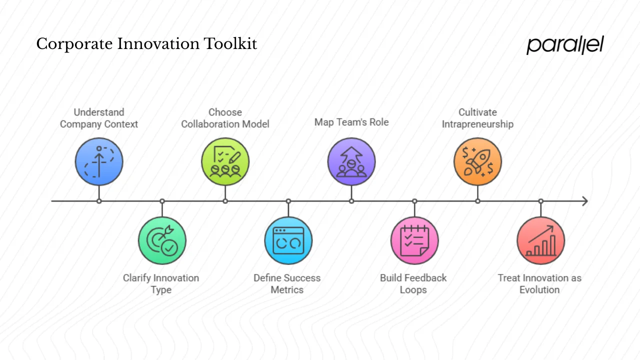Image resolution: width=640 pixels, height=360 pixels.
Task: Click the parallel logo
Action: tap(565, 44)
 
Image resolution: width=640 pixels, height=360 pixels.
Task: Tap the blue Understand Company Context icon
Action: tap(99, 161)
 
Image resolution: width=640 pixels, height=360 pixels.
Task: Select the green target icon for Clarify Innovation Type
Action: tap(162, 240)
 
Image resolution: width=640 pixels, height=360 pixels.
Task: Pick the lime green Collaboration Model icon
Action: tap(225, 161)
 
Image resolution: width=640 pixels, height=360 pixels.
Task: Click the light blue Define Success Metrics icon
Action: tap(288, 240)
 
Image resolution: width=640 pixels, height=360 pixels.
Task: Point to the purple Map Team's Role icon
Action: tap(351, 161)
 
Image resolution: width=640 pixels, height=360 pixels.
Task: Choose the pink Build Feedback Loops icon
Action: tap(414, 240)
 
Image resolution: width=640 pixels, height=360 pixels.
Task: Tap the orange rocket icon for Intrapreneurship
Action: tap(477, 161)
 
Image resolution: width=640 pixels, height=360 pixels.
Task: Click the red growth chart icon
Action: tap(540, 240)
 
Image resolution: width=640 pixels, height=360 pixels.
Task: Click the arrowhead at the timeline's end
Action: tap(584, 201)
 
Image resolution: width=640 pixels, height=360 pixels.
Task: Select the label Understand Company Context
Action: tap(99, 118)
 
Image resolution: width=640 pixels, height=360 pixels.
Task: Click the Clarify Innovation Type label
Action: tap(161, 283)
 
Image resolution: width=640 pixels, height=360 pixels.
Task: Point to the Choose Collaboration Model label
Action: tap(225, 118)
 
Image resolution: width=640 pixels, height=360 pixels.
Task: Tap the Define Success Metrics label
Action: tap(287, 283)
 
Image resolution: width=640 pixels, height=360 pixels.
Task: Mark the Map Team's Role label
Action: tap(351, 122)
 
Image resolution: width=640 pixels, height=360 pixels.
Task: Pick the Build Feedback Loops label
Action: tap(413, 283)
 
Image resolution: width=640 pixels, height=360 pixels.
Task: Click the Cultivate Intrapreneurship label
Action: tap(477, 118)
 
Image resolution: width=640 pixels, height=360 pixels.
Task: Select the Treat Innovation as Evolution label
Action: tap(539, 283)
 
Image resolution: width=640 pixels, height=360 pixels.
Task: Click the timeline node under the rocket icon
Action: tap(477, 201)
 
